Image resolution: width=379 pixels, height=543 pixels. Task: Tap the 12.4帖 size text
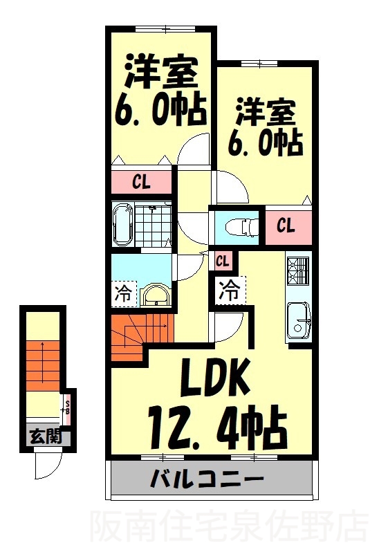216,421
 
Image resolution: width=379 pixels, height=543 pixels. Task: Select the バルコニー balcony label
206,479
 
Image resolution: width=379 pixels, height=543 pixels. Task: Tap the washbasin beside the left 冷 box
158,295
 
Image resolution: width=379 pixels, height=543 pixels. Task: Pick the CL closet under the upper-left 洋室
142,183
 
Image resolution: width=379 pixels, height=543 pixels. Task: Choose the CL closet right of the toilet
286,225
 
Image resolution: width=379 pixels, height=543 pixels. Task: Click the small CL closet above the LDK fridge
222,261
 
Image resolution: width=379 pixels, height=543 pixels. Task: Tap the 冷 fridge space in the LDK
229,289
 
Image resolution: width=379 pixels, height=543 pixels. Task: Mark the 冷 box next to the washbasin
122,293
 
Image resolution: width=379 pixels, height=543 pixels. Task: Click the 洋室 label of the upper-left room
161,69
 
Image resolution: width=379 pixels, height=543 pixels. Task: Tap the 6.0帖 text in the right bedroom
266,142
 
